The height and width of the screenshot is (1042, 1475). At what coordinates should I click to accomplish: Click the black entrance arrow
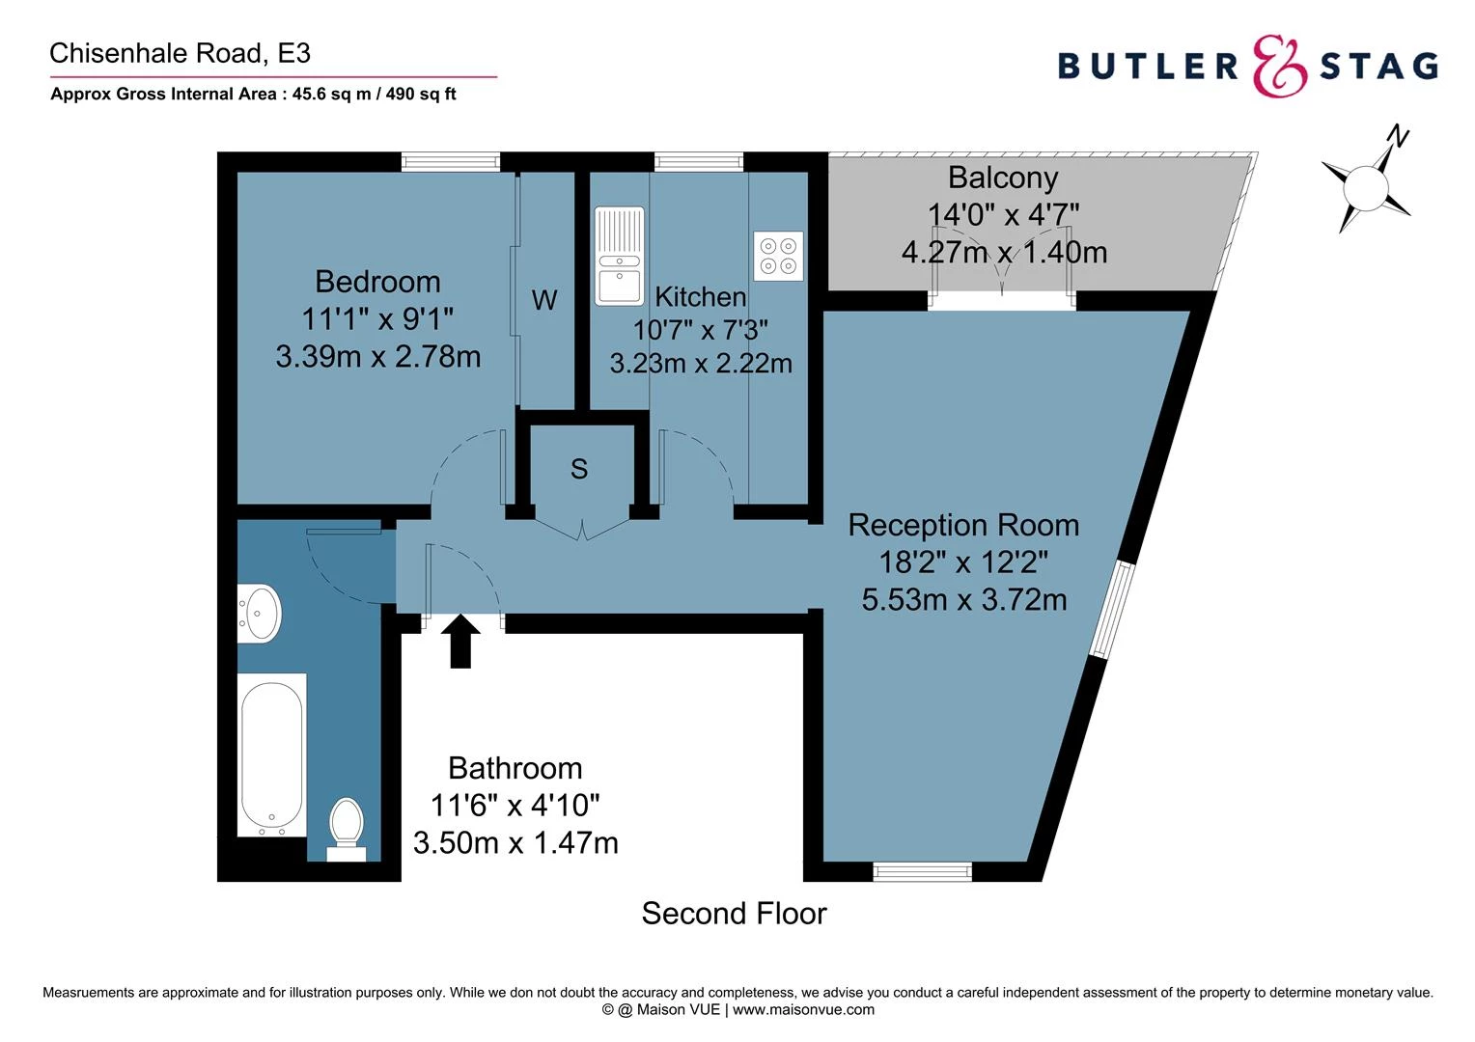point(460,642)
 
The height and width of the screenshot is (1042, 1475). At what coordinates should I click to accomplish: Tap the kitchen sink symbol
point(619,256)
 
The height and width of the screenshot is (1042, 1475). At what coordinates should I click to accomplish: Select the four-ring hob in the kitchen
point(778,256)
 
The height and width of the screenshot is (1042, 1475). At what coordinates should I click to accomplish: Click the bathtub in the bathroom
point(272,754)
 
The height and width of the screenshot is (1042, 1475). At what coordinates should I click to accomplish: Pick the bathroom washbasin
point(259,614)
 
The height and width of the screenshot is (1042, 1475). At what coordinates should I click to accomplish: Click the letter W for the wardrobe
point(544,300)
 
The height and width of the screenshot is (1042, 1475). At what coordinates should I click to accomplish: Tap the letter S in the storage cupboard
point(579,469)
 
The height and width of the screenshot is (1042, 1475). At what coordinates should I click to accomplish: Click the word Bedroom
point(377,282)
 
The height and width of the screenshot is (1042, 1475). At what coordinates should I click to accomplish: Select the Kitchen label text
point(700,296)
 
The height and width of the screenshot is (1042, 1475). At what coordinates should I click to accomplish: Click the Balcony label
point(1003,178)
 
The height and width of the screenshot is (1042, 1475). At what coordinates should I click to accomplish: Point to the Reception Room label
point(963,526)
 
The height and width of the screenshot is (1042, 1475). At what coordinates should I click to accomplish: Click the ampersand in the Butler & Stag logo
point(1280,66)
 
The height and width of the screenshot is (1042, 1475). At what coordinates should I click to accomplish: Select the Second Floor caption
point(734,913)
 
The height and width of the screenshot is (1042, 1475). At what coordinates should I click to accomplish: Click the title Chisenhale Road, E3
point(180,53)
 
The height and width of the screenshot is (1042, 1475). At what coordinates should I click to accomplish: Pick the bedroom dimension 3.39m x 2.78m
point(377,357)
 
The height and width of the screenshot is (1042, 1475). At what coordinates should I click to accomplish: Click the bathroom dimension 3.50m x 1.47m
point(515,842)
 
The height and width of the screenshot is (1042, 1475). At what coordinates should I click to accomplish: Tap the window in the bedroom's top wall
point(450,162)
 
